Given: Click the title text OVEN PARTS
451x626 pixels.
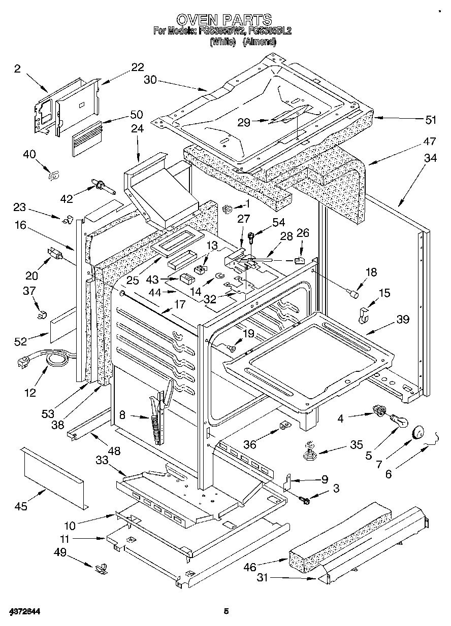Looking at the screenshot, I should pos(223,19).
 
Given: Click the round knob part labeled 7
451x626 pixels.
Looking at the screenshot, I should pos(418,432).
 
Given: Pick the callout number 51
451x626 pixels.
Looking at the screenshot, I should pos(431,120).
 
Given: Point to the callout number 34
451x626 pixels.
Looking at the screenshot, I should pos(430,159).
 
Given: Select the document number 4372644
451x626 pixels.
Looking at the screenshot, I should pos(24,612).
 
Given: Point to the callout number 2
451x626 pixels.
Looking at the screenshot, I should pos(17,69).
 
